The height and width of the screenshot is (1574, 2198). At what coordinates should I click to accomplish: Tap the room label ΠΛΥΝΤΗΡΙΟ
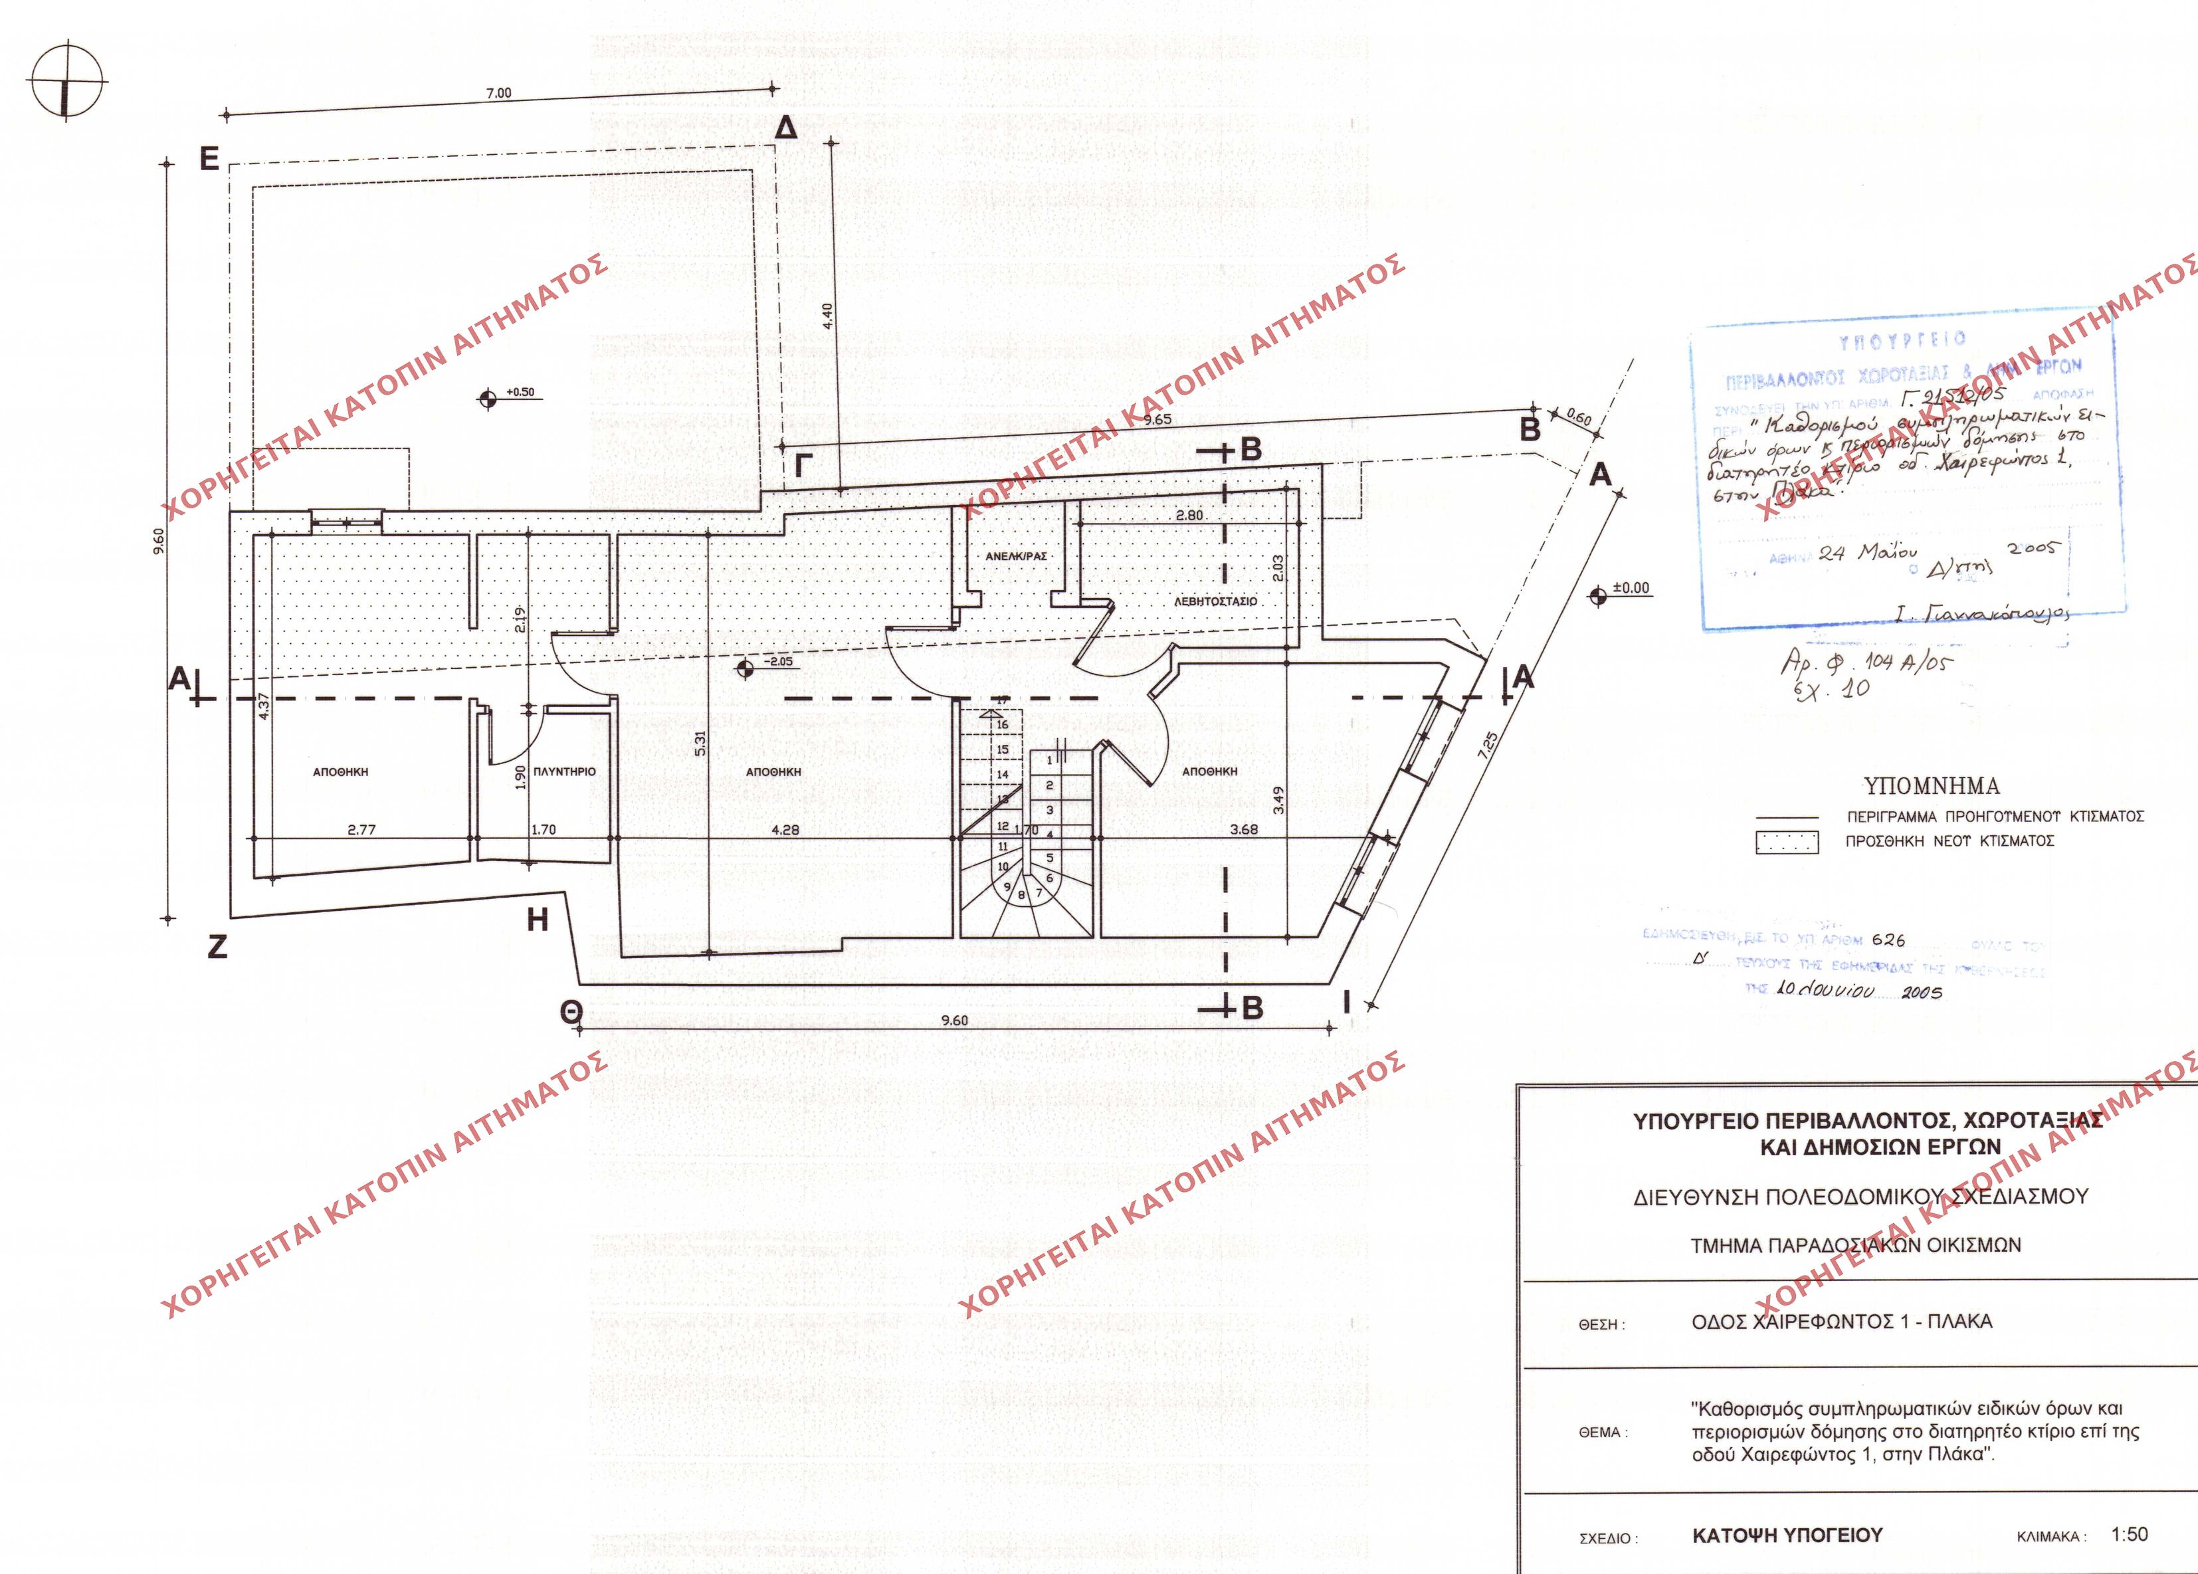pyautogui.click(x=564, y=771)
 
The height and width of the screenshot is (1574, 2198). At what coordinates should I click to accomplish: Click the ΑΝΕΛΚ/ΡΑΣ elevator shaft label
pyautogui.click(x=1016, y=556)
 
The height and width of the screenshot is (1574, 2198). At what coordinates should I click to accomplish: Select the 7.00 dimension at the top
pyautogui.click(x=498, y=94)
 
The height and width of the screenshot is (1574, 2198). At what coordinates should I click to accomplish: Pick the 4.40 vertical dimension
pyautogui.click(x=827, y=316)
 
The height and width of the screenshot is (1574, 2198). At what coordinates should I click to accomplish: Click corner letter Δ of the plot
pyautogui.click(x=787, y=128)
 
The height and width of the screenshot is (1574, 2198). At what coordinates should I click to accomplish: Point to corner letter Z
pyautogui.click(x=217, y=946)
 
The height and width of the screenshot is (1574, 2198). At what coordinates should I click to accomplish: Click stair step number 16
pyautogui.click(x=1002, y=724)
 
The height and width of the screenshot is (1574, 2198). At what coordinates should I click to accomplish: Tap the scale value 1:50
pyautogui.click(x=2129, y=1534)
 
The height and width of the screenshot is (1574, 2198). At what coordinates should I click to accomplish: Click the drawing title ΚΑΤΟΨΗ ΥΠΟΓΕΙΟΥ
pyautogui.click(x=1786, y=1536)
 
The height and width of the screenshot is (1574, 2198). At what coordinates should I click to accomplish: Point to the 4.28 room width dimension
pyautogui.click(x=784, y=830)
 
